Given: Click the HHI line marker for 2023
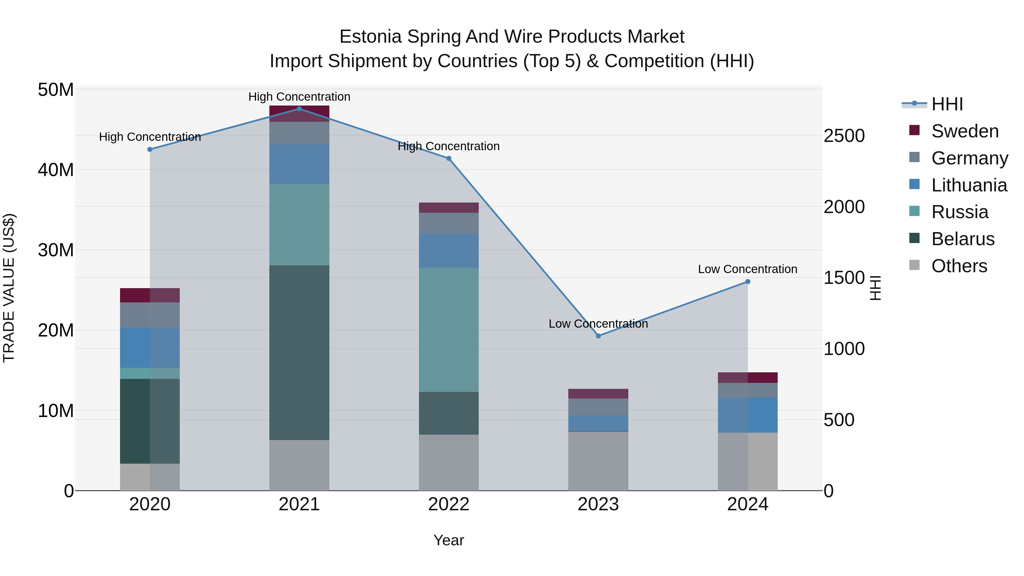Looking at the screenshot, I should click(598, 336).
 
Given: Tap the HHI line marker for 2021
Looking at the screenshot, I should click(299, 109).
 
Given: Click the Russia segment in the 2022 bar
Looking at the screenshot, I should click(449, 330).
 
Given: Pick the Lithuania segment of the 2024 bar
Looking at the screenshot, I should click(748, 415).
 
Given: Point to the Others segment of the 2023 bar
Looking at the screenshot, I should click(598, 461).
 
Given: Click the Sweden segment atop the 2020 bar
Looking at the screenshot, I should click(150, 295).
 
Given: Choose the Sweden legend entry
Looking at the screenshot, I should click(965, 131).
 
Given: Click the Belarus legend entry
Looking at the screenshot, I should click(963, 239).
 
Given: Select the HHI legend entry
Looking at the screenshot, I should click(947, 104).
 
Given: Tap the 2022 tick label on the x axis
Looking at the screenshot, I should click(449, 504).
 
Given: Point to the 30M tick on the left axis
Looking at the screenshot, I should click(56, 250).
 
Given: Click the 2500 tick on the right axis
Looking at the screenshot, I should click(844, 136).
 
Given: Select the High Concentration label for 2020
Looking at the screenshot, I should click(150, 137).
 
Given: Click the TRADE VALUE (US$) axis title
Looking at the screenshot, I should click(9, 288).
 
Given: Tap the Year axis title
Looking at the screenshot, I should click(449, 540).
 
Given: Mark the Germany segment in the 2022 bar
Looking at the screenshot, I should click(449, 223).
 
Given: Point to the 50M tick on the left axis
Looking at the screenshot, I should click(56, 90).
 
